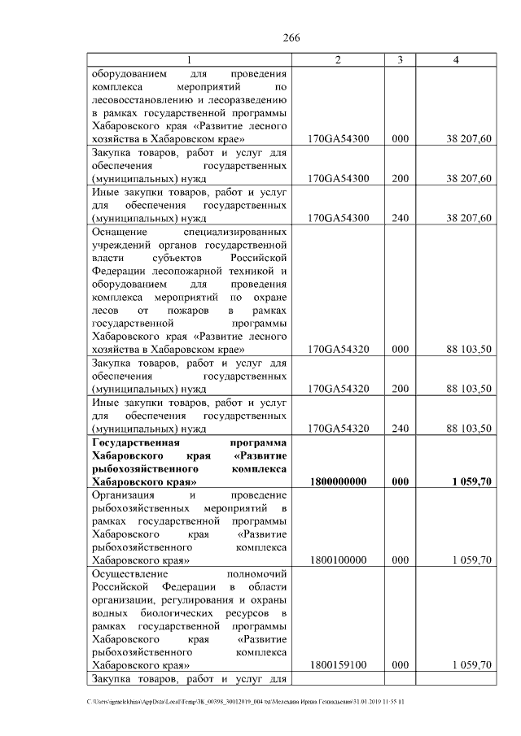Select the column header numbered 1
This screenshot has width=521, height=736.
(x=190, y=60)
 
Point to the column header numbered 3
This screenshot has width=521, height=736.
(x=400, y=60)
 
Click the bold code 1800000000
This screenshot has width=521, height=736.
(x=339, y=481)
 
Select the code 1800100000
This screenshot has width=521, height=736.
(x=339, y=560)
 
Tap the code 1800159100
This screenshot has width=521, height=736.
(x=339, y=665)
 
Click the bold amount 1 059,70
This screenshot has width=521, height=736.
(x=468, y=481)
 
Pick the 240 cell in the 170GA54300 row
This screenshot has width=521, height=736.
(x=400, y=217)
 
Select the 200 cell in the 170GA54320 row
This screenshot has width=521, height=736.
(x=400, y=389)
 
